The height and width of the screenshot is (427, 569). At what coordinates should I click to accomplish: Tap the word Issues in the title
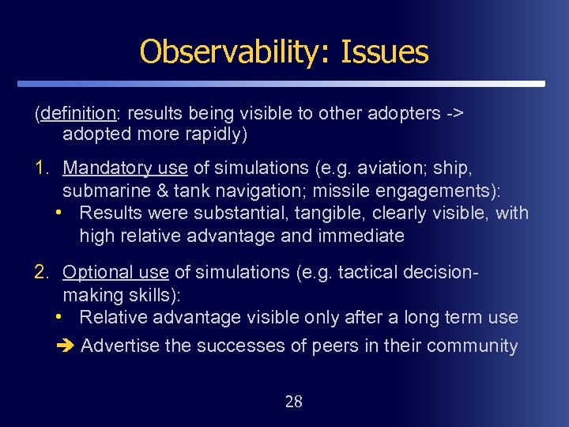tap(385, 52)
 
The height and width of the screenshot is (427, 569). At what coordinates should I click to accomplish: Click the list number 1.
tap(41, 168)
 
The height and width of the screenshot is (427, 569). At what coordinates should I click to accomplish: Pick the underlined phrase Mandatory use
tap(125, 168)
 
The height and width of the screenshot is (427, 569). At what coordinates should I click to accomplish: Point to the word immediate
tap(361, 236)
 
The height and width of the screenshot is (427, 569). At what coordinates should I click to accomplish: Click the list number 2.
tap(41, 272)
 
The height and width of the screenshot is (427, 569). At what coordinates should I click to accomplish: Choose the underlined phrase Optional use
tap(115, 272)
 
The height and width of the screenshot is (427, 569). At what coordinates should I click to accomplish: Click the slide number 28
tap(293, 402)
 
